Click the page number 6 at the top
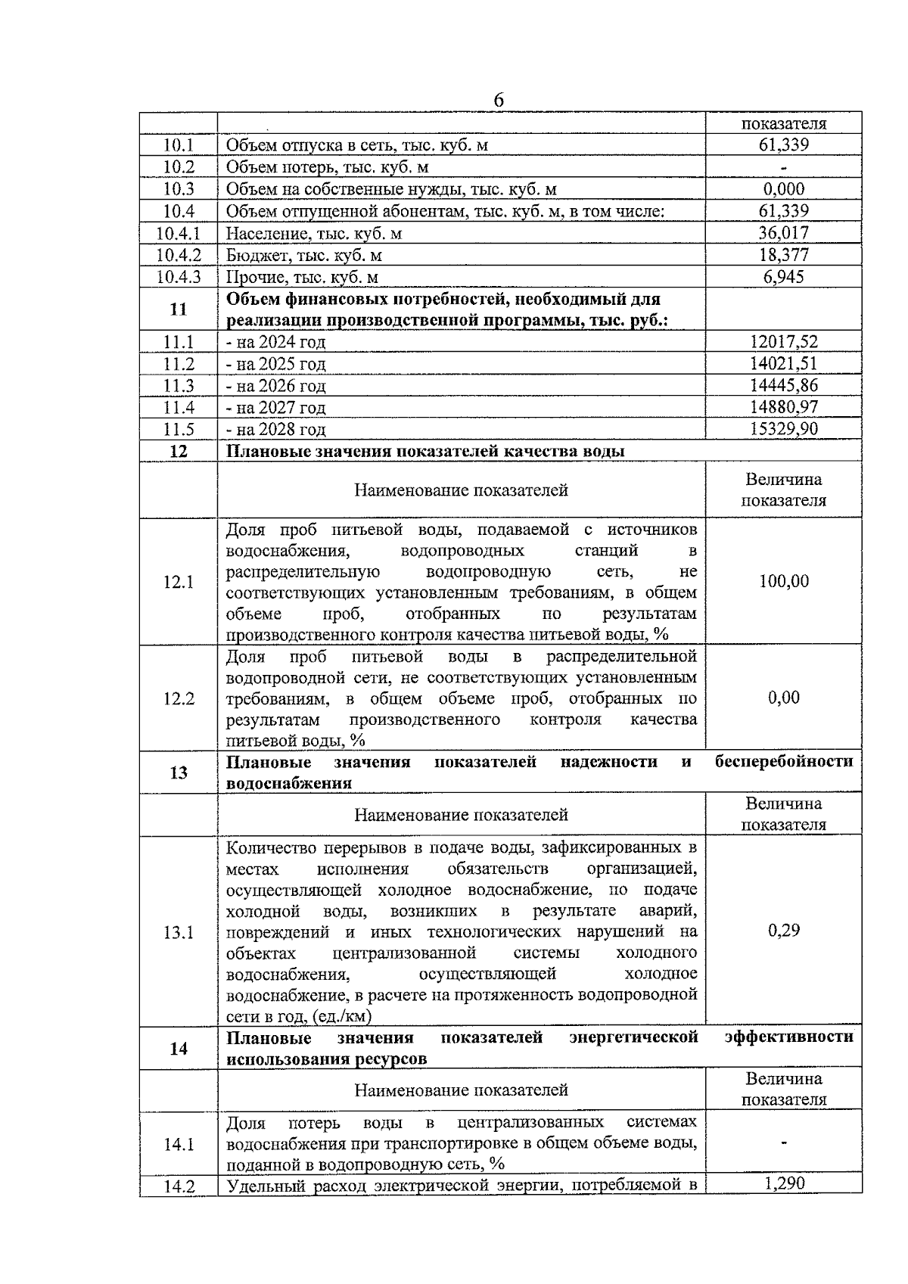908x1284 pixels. point(499,101)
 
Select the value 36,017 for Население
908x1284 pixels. point(783,233)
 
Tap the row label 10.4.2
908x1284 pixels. point(179,255)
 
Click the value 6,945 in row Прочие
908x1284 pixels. point(783,277)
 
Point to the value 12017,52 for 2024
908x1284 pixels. point(783,342)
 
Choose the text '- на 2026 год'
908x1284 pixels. point(276,386)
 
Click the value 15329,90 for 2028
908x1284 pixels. point(783,429)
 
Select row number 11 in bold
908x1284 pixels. point(179,309)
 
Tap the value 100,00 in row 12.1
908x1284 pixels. point(783,581)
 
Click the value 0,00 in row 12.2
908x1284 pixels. point(783,698)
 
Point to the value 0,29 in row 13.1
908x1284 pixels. point(783,931)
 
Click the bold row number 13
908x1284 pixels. point(179,773)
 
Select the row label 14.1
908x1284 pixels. point(179,1144)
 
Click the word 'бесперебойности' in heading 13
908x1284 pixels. point(784,762)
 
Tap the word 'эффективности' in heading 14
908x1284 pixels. point(788,1037)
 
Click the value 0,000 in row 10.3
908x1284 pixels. point(783,189)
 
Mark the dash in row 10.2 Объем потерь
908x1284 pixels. point(783,168)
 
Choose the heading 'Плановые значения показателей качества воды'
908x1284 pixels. point(425,452)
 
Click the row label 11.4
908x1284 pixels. point(179,408)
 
